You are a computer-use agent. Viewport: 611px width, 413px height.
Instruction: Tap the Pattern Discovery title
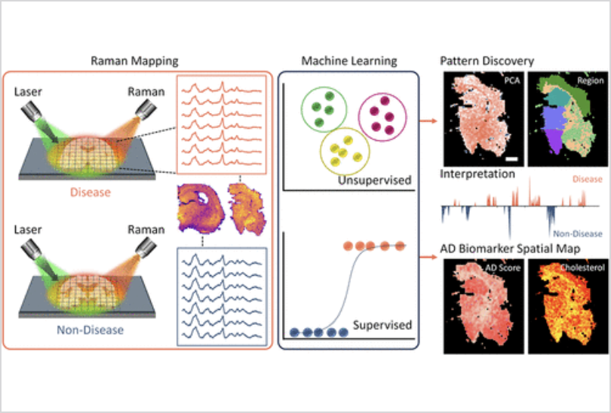[487, 60]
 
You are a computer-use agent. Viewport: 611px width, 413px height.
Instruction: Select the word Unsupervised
[376, 182]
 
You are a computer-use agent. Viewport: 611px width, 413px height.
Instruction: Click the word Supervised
[382, 326]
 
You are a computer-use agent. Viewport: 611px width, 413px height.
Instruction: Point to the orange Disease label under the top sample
[90, 192]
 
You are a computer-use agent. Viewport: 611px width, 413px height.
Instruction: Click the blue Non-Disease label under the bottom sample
[90, 329]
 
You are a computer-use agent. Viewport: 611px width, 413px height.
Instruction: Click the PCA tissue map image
[481, 119]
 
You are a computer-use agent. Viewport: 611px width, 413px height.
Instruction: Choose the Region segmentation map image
[563, 119]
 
